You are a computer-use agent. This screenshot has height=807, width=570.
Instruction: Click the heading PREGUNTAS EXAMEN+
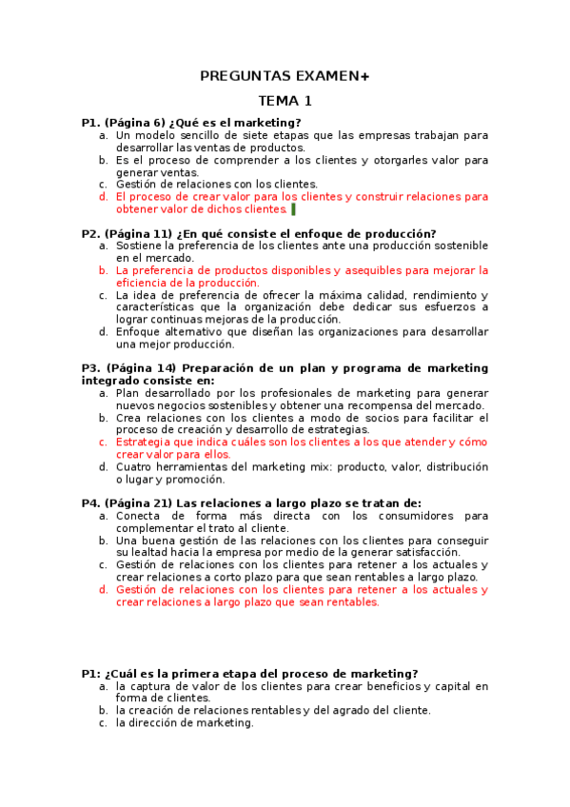[285, 76]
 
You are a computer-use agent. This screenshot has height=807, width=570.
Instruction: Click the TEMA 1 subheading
[285, 100]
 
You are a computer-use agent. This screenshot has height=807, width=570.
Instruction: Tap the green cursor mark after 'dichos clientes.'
[293, 209]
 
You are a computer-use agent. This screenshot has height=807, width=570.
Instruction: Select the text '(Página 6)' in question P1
[134, 123]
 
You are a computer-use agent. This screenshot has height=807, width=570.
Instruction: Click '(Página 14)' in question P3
[141, 368]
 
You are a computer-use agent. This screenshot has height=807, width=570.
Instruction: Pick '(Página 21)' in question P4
[137, 503]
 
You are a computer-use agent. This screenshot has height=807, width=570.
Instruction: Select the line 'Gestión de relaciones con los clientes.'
[217, 185]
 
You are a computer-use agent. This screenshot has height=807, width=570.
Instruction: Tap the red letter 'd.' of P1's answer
[103, 197]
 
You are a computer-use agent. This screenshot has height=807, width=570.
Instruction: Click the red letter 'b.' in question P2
[103, 270]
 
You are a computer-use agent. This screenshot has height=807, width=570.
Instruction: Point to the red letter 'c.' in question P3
[103, 443]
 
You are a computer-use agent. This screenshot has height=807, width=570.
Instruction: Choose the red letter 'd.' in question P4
[103, 590]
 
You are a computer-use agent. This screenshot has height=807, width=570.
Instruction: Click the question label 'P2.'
[91, 233]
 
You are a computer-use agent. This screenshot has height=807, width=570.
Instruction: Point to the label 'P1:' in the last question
[91, 674]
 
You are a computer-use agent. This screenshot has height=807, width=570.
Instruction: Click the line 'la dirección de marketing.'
[185, 722]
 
